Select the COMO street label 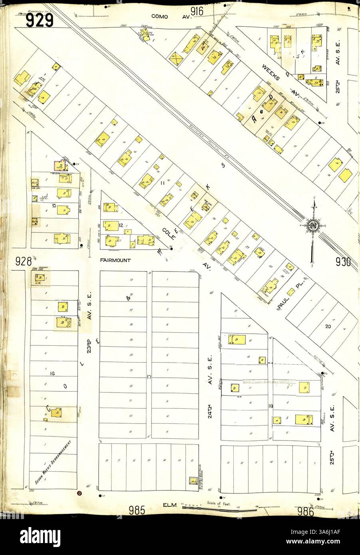coord(161,17)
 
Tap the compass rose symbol coord(312,226)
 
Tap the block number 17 coord(149,377)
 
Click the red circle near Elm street coord(79,494)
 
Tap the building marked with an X coord(176,59)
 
